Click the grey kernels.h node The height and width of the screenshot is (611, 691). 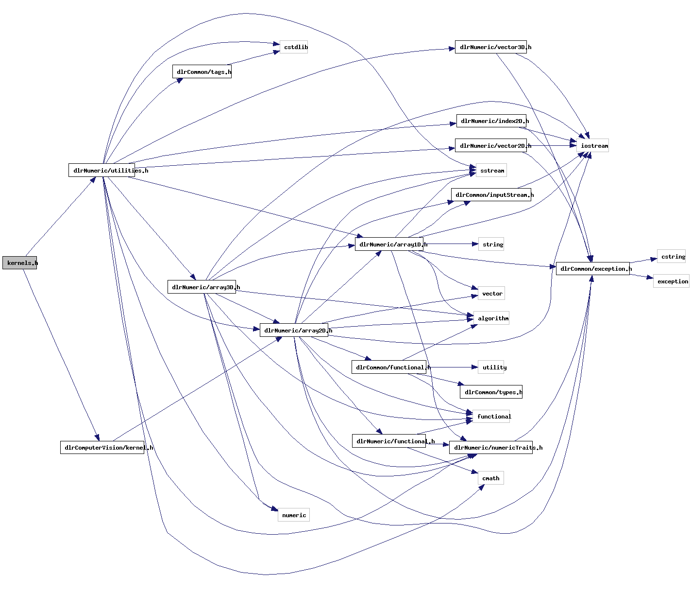[x=20, y=263]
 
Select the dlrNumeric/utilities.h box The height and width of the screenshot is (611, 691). [x=102, y=171]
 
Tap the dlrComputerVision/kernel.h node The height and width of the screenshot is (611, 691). [x=102, y=448]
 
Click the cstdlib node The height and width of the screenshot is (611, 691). [x=294, y=47]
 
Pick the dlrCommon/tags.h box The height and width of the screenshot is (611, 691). [x=202, y=72]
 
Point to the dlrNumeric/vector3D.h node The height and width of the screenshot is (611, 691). [x=491, y=47]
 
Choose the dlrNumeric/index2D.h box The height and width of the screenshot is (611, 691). [x=491, y=121]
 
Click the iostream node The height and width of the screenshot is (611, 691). [x=592, y=146]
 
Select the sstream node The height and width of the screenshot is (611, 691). [x=491, y=171]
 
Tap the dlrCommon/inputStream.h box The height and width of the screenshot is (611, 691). [x=491, y=195]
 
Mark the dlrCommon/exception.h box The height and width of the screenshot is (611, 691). [x=593, y=269]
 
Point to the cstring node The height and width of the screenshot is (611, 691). [x=672, y=257]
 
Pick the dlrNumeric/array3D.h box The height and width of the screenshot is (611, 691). [x=202, y=287]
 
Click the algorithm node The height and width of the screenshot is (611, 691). [x=491, y=318]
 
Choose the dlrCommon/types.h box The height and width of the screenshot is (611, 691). [x=491, y=392]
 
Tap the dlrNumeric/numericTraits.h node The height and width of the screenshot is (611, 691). [x=491, y=448]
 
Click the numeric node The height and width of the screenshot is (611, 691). [x=294, y=515]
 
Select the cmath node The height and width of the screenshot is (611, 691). [x=491, y=478]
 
